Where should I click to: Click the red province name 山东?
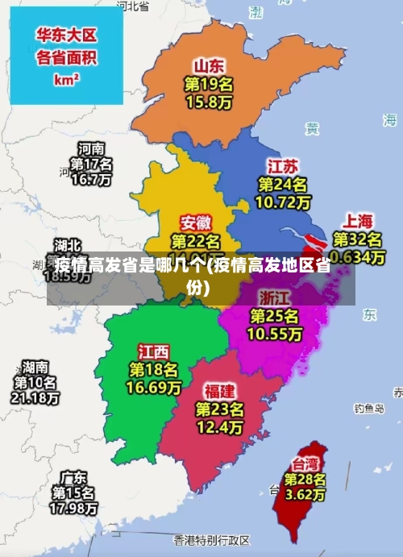pos(208,65)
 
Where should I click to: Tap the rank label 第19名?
pos(208,84)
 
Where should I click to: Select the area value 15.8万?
pos(208,102)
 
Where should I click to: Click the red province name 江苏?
pos(282,166)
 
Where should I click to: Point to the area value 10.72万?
pos(282,202)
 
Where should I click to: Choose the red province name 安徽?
pos(196,222)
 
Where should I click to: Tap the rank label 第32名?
pos(358,239)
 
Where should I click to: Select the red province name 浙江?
pos(274,297)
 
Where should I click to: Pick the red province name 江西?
pos(153,351)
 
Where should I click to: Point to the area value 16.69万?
pos(153,388)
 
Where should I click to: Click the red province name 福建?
pos(219,391)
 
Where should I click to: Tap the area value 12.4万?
pos(219,426)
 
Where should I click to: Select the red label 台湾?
pos(305,463)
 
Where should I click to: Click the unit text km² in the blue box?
pos(66,80)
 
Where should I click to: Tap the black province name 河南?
pos(90,148)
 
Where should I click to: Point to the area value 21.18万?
pos(35,398)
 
